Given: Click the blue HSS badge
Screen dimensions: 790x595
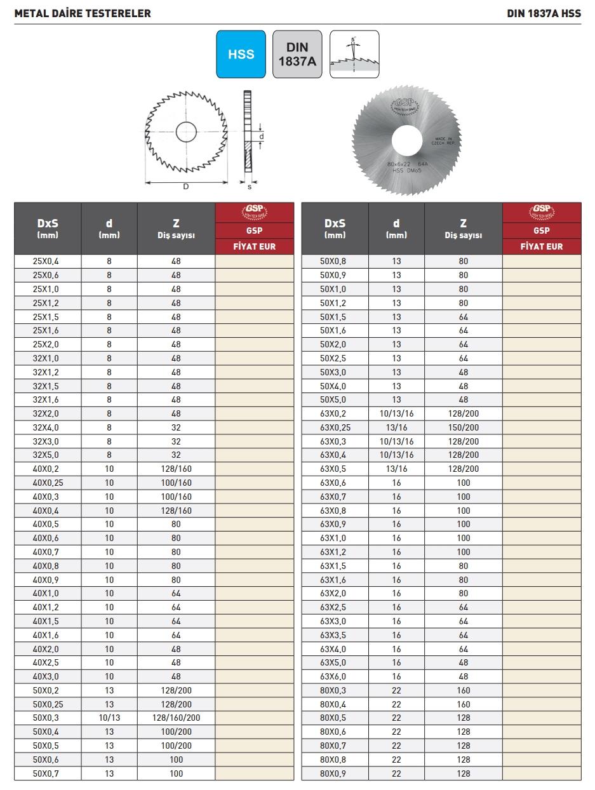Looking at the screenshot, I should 241,55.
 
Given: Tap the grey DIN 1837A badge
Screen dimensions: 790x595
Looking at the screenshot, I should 297,55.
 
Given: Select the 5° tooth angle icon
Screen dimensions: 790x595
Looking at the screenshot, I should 354,55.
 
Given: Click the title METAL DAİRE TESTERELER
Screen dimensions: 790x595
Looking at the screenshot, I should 82,13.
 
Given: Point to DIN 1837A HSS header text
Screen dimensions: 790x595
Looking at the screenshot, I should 544,13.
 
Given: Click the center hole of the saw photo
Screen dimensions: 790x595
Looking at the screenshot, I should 406,140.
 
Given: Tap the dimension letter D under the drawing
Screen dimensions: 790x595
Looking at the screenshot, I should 186,187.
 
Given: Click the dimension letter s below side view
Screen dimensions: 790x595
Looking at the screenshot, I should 249,187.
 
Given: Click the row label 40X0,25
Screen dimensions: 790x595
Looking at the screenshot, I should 48,483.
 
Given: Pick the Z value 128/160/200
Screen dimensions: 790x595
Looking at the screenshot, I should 176,718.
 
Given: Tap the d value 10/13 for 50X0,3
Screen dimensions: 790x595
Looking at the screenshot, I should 109,718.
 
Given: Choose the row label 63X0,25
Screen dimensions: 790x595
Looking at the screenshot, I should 335,427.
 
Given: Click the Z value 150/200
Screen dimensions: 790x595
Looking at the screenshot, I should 463,427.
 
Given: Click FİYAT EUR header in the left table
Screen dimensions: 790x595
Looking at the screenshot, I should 255,246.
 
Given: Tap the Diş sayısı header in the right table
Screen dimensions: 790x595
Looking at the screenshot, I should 463,235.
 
